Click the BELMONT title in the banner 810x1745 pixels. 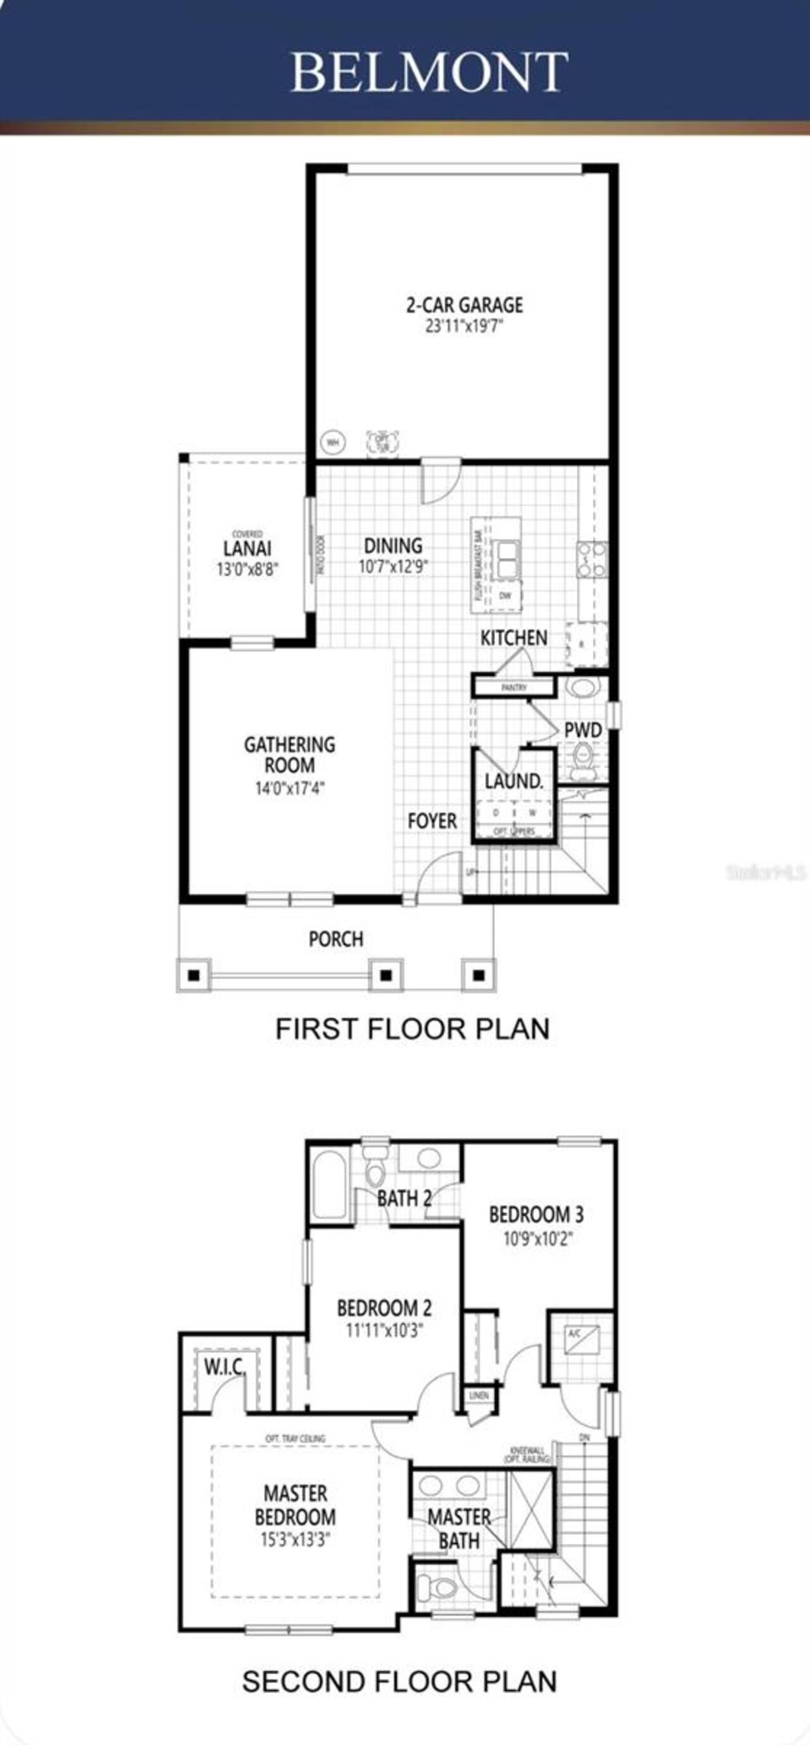coord(428,71)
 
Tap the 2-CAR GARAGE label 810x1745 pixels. coord(464,305)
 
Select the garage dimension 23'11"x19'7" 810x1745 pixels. coord(464,326)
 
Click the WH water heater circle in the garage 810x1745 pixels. coord(332,443)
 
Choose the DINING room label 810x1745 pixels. coord(393,545)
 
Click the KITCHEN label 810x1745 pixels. coord(513,637)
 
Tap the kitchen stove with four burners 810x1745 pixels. coord(592,559)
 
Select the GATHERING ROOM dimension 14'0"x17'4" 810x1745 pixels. coord(290,788)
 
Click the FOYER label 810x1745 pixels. coord(432,821)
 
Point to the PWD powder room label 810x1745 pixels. coord(583,730)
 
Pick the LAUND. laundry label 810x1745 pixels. coord(513,781)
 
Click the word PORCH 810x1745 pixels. coord(336,939)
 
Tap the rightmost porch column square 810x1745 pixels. coord(479,976)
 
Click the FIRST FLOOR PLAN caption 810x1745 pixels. coord(412,1028)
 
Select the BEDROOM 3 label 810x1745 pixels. coord(536,1214)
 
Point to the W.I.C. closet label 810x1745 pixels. coord(224,1367)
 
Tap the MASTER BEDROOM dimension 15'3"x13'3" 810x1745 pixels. coord(295,1541)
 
